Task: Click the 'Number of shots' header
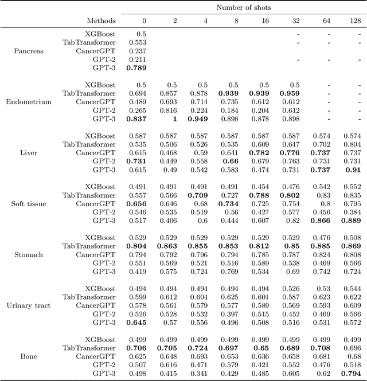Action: (x=244, y=7)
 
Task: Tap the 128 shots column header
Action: (x=355, y=21)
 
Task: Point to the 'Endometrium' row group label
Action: (x=29, y=101)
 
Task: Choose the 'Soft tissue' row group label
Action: (x=29, y=204)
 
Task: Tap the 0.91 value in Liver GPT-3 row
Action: (x=353, y=170)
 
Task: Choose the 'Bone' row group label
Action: (x=29, y=356)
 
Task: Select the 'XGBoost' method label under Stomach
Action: (x=100, y=238)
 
